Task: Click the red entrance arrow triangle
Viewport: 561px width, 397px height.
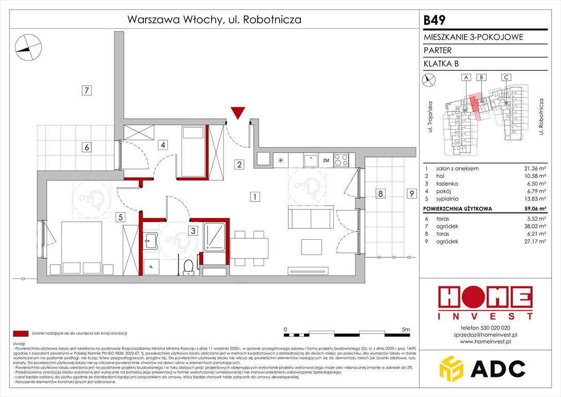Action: point(238,112)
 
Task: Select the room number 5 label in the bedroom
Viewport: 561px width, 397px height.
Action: point(120,217)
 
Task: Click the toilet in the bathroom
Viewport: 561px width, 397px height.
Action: point(188,266)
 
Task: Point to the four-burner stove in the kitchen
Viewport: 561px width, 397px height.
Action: point(341,160)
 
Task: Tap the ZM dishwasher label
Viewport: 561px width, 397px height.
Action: point(326,161)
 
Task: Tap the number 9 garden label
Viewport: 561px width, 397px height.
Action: point(411,194)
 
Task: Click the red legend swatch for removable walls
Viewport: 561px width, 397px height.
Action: point(20,333)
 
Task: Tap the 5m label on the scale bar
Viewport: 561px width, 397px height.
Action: point(405,329)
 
